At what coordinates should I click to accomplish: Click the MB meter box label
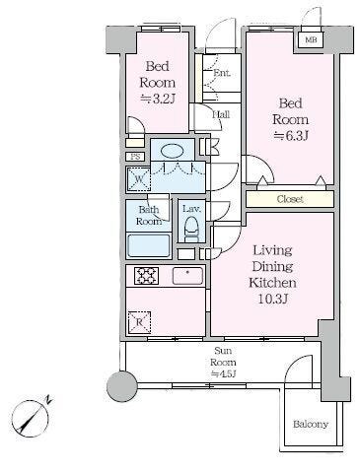[311, 40]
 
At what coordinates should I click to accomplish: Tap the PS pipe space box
[135, 157]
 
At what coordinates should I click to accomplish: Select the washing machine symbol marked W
[139, 179]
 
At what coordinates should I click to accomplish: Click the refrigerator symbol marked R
[139, 322]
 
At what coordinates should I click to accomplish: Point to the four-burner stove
[146, 276]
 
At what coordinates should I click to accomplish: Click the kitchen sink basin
[187, 276]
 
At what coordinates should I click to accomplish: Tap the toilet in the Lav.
[191, 229]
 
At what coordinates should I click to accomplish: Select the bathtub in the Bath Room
[149, 245]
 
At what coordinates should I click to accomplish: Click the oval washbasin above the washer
[172, 152]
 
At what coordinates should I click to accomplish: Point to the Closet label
[290, 199]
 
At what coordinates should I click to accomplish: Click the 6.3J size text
[291, 136]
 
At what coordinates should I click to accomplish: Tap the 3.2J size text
[158, 99]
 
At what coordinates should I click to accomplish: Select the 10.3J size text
[273, 299]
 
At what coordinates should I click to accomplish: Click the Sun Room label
[223, 357]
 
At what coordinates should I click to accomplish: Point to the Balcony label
[311, 425]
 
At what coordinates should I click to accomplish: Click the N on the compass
[48, 399]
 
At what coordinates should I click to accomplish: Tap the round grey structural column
[122, 386]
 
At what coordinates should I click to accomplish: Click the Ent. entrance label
[222, 73]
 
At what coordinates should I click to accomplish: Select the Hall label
[221, 114]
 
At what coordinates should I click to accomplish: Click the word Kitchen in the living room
[272, 283]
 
